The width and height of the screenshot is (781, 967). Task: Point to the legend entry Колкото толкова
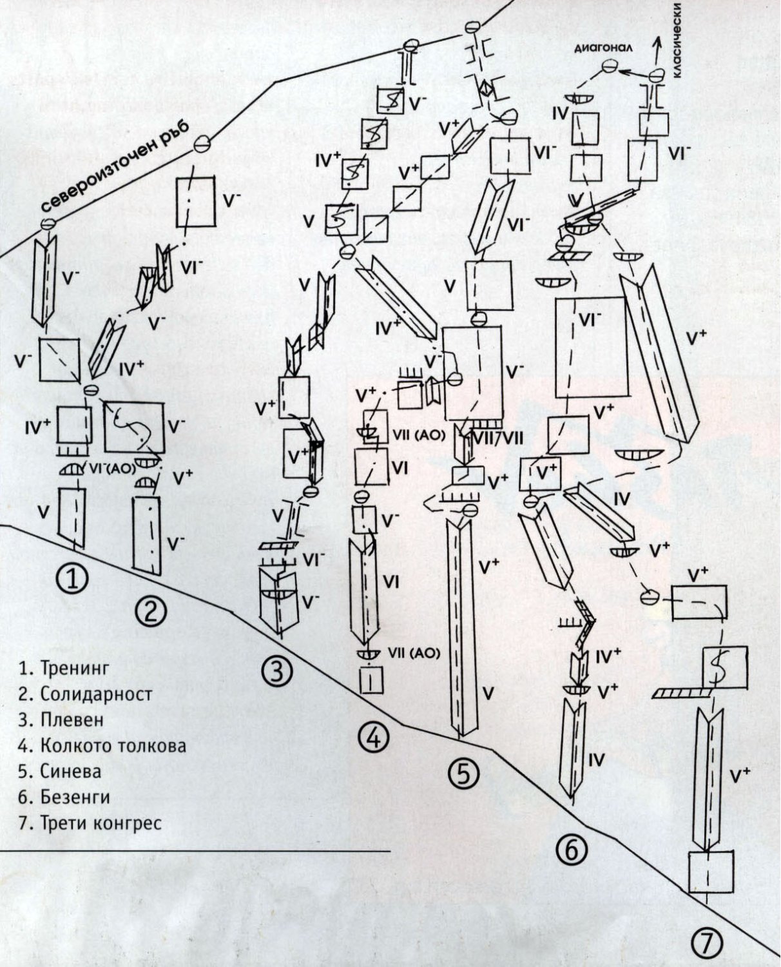[103, 746]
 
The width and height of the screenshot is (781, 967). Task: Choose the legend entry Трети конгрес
[91, 823]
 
